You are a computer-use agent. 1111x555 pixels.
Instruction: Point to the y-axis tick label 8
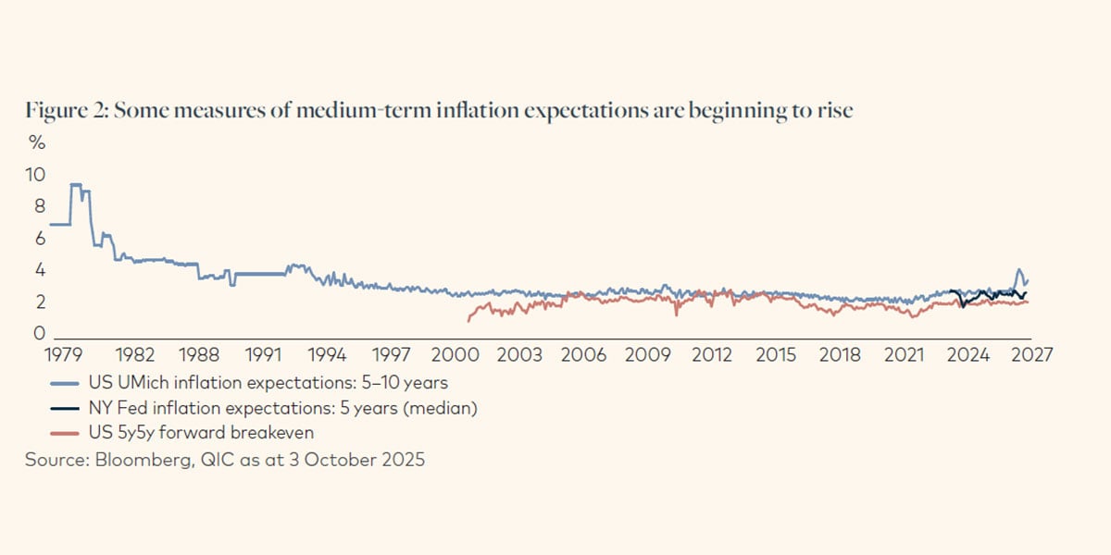[x=39, y=206]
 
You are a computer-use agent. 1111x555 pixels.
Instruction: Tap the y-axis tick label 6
[x=39, y=238]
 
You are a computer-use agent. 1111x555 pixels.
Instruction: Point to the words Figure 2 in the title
[x=60, y=111]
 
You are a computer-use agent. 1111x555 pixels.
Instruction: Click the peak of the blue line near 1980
[x=75, y=184]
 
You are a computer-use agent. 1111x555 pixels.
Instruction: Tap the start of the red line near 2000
[x=468, y=320]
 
